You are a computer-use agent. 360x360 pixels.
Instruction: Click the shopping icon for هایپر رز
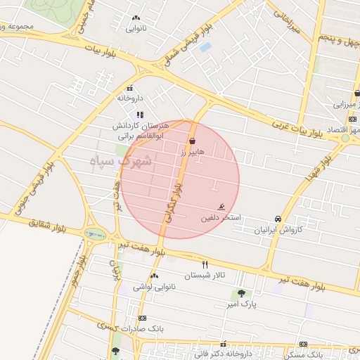[x=192, y=141]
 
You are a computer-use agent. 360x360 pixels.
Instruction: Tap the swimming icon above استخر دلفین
[x=221, y=207]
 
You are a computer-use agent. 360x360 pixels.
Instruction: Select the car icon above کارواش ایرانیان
[x=278, y=219]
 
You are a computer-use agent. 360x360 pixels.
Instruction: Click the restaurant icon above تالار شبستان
[x=205, y=265]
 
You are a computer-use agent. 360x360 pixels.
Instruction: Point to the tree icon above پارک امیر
[x=241, y=293]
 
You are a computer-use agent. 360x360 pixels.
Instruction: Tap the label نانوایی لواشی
[x=154, y=286]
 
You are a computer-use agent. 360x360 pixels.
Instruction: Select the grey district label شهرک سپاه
[x=117, y=161]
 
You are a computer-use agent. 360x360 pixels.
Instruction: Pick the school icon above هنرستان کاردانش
[x=140, y=115]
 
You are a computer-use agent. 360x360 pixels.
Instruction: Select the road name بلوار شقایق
[x=44, y=225]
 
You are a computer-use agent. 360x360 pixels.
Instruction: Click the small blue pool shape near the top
[x=205, y=47]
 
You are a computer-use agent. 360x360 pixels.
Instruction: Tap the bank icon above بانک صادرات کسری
[x=143, y=318]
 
